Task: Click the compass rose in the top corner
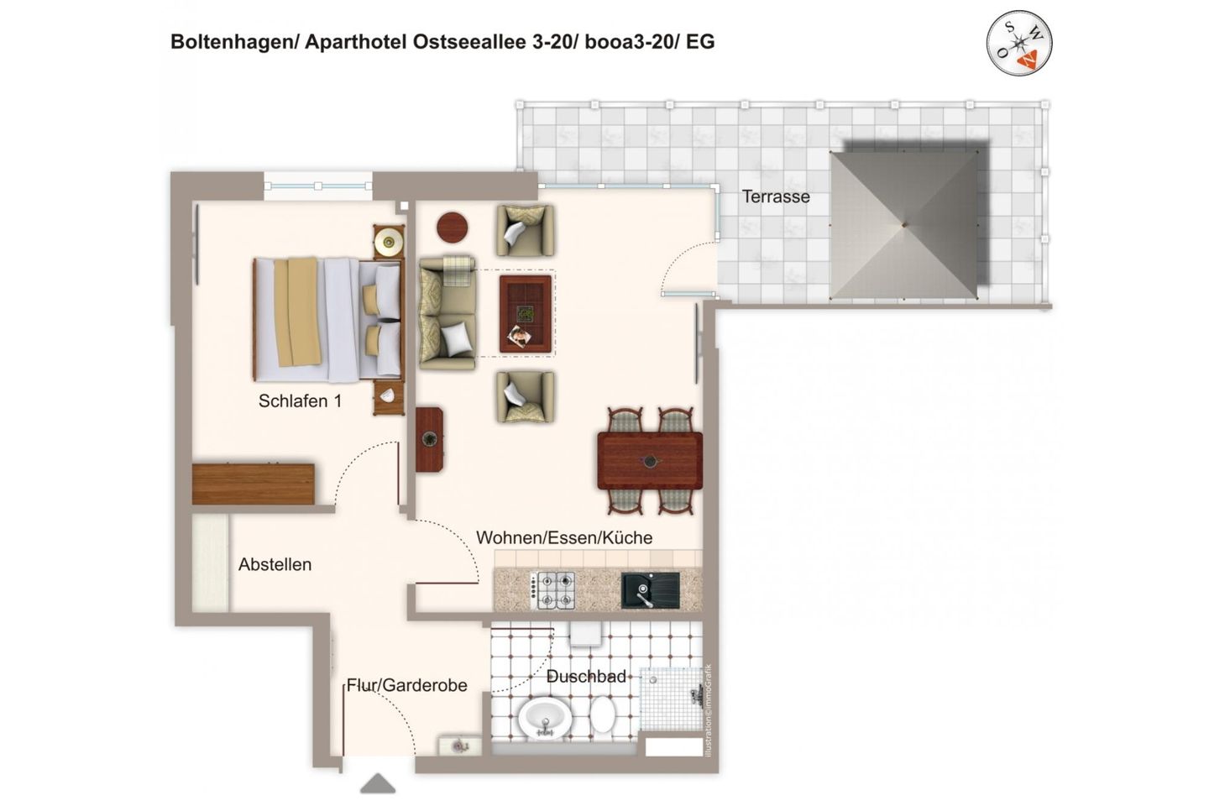(1019, 44)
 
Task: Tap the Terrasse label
(776, 196)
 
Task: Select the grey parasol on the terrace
(904, 224)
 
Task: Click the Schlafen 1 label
(300, 401)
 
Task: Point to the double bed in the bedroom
(327, 319)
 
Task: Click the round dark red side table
(453, 227)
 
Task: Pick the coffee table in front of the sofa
(526, 314)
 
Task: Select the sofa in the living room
(447, 313)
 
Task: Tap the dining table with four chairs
(650, 460)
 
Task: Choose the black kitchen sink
(650, 590)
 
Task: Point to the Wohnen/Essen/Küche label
(564, 538)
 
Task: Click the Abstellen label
(275, 565)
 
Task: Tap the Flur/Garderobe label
(407, 686)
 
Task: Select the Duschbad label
(586, 677)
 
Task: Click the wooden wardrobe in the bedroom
(253, 484)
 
